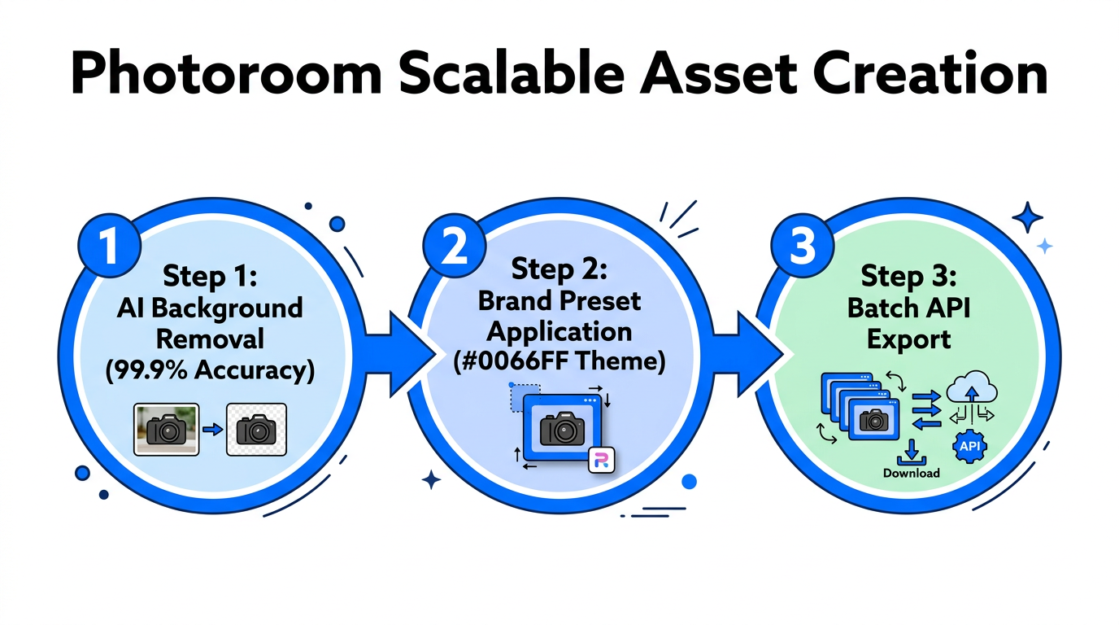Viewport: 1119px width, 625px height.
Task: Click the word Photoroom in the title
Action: (x=226, y=75)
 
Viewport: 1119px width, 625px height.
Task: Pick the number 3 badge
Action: (x=802, y=246)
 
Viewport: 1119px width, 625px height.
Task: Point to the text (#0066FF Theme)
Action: (x=559, y=361)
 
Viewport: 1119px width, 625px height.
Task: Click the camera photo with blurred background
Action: (x=166, y=430)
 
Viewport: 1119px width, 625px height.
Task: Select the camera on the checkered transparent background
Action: (x=256, y=430)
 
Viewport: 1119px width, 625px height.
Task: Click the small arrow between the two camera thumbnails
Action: (x=212, y=430)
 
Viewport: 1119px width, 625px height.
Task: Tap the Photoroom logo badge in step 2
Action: (x=601, y=460)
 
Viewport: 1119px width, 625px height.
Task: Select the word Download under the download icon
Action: (x=911, y=473)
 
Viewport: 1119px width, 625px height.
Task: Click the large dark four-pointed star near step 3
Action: (x=1028, y=217)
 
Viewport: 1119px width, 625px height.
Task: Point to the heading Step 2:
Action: (x=559, y=268)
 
